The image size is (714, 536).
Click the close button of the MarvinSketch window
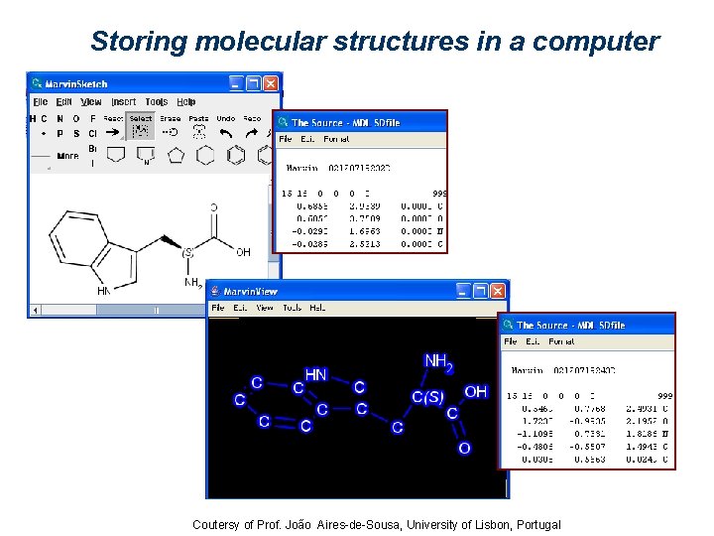click(x=272, y=83)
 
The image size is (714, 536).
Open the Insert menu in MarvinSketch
click(x=124, y=101)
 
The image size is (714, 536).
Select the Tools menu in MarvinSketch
click(x=156, y=101)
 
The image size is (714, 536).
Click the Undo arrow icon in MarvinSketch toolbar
click(x=226, y=132)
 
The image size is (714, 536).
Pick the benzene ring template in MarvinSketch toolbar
click(x=235, y=155)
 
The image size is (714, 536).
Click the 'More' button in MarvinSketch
click(x=67, y=156)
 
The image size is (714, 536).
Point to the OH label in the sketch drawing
click(x=243, y=252)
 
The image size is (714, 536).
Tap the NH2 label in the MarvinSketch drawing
click(x=193, y=282)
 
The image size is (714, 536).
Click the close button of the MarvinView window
click(x=498, y=291)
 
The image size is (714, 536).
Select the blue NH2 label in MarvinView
click(x=437, y=362)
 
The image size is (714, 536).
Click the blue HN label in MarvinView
click(x=315, y=374)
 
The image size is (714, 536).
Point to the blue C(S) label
click(x=427, y=397)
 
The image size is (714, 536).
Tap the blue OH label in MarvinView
click(x=475, y=391)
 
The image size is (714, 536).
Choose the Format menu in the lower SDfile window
click(x=561, y=341)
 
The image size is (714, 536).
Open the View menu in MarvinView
click(x=265, y=308)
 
